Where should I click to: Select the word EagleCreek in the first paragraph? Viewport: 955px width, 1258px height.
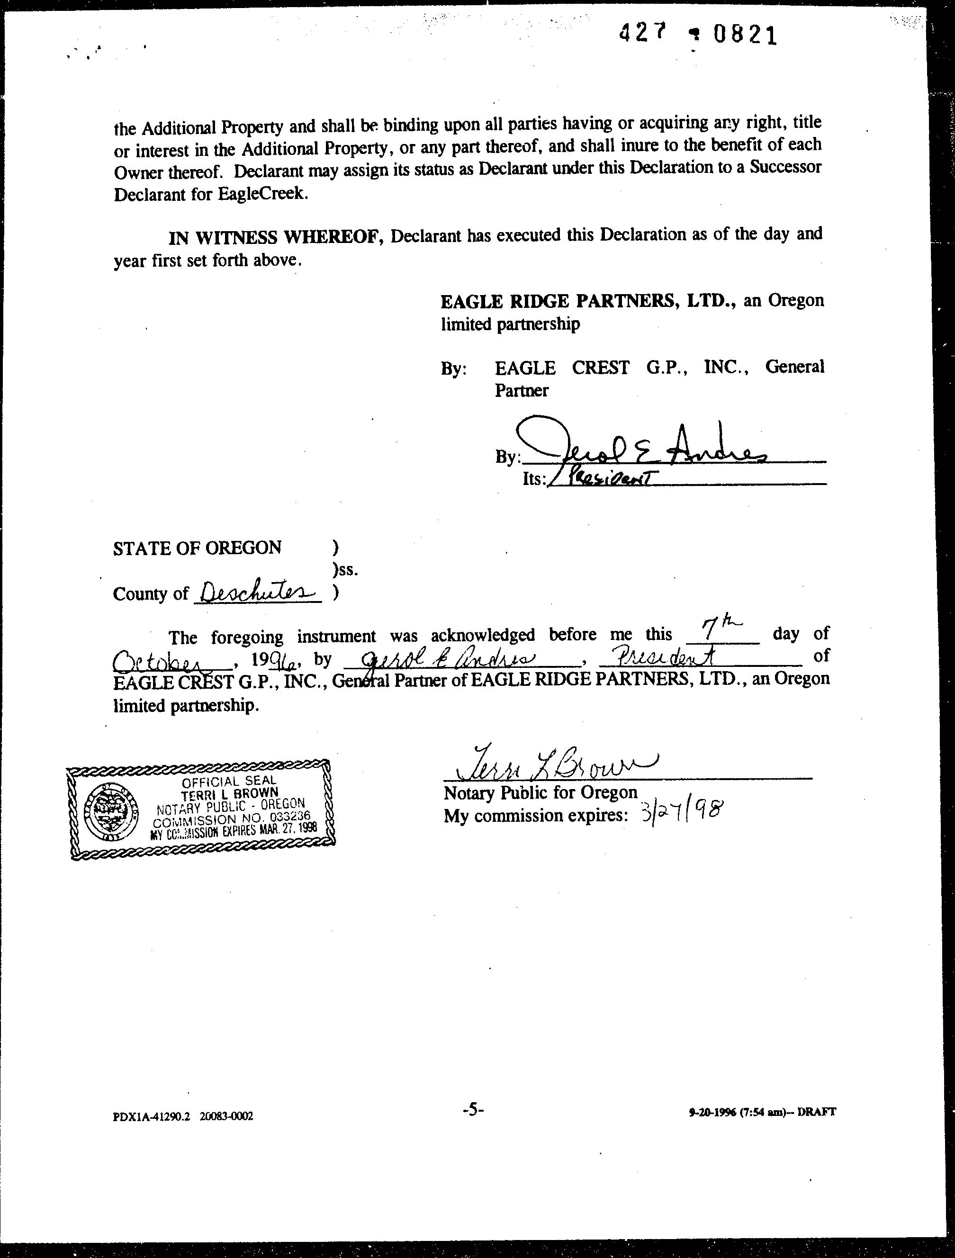262,194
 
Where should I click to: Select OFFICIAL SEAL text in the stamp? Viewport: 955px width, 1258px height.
229,782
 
